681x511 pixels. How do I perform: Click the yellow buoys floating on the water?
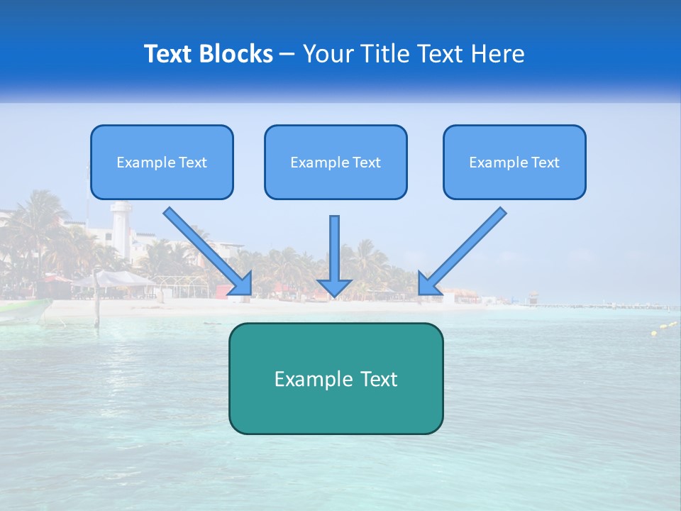[x=663, y=328]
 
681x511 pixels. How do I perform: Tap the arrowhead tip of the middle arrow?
[x=334, y=294]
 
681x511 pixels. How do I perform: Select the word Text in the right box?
[x=545, y=163]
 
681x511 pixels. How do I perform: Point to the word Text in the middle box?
[x=366, y=163]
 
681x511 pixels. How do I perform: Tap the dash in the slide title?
[x=287, y=54]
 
